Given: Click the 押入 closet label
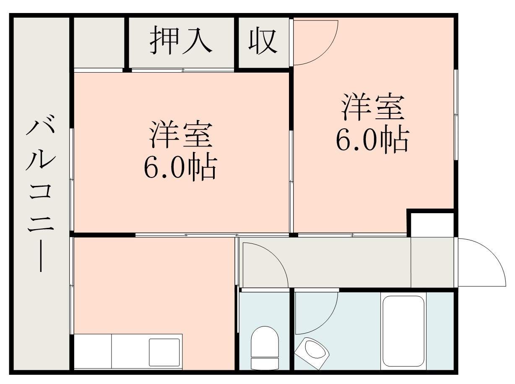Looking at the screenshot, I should click(x=181, y=41).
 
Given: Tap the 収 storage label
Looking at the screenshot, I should click(x=263, y=41).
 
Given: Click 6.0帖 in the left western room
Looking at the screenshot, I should click(x=180, y=168).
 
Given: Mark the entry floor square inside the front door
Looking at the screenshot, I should click(x=432, y=262).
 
